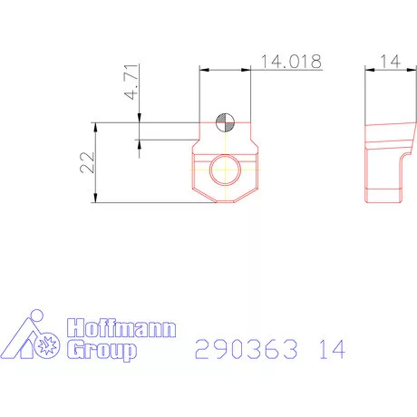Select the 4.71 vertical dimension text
(131, 82)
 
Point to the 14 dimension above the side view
(391, 61)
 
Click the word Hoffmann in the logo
(123, 330)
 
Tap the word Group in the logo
(102, 350)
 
